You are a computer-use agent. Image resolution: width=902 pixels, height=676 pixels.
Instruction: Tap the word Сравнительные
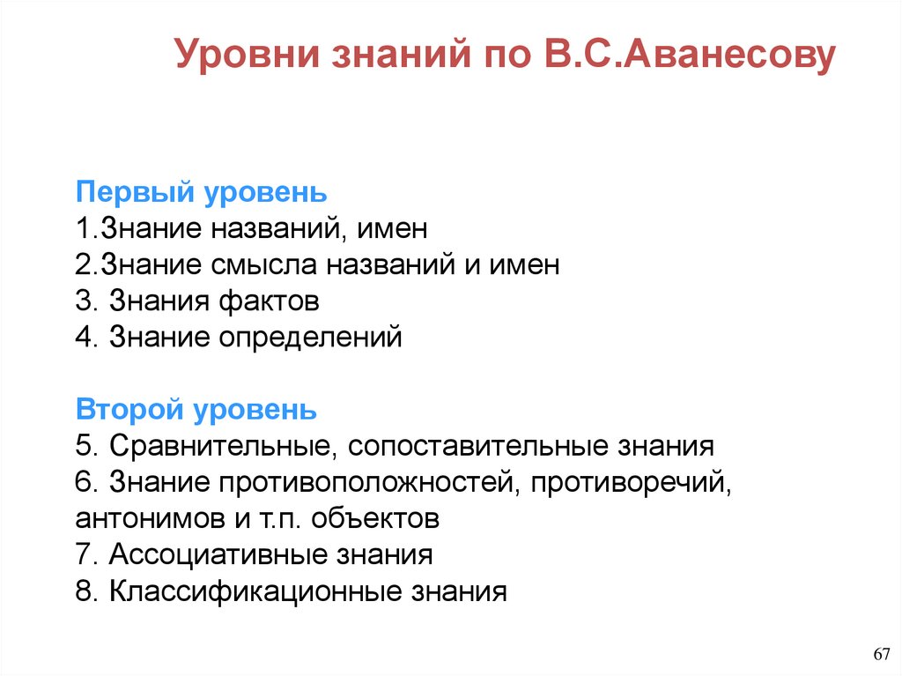[x=220, y=446]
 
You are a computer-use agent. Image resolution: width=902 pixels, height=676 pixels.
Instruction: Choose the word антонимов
[x=151, y=518]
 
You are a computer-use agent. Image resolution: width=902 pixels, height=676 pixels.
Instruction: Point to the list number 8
[x=85, y=591]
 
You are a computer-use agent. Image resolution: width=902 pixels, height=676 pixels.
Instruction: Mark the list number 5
[x=85, y=446]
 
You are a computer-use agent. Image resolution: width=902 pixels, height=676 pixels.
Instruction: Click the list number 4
[x=85, y=338]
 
